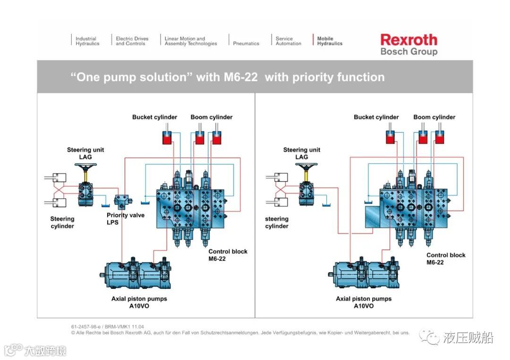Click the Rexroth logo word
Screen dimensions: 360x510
[x=408, y=40]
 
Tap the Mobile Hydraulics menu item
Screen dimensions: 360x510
[x=330, y=41]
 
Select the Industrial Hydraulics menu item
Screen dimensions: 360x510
[x=87, y=41]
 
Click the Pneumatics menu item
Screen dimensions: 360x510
[x=246, y=43]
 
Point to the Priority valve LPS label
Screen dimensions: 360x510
[x=126, y=218]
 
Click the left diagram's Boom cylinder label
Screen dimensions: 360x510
[x=212, y=117]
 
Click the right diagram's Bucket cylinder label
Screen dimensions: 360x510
[x=376, y=117]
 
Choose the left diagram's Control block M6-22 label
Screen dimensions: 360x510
[x=228, y=255]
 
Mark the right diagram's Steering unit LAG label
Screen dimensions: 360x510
[x=302, y=153]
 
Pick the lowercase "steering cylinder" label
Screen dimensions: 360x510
[x=277, y=222]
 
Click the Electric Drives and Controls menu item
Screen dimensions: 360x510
[x=132, y=41]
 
